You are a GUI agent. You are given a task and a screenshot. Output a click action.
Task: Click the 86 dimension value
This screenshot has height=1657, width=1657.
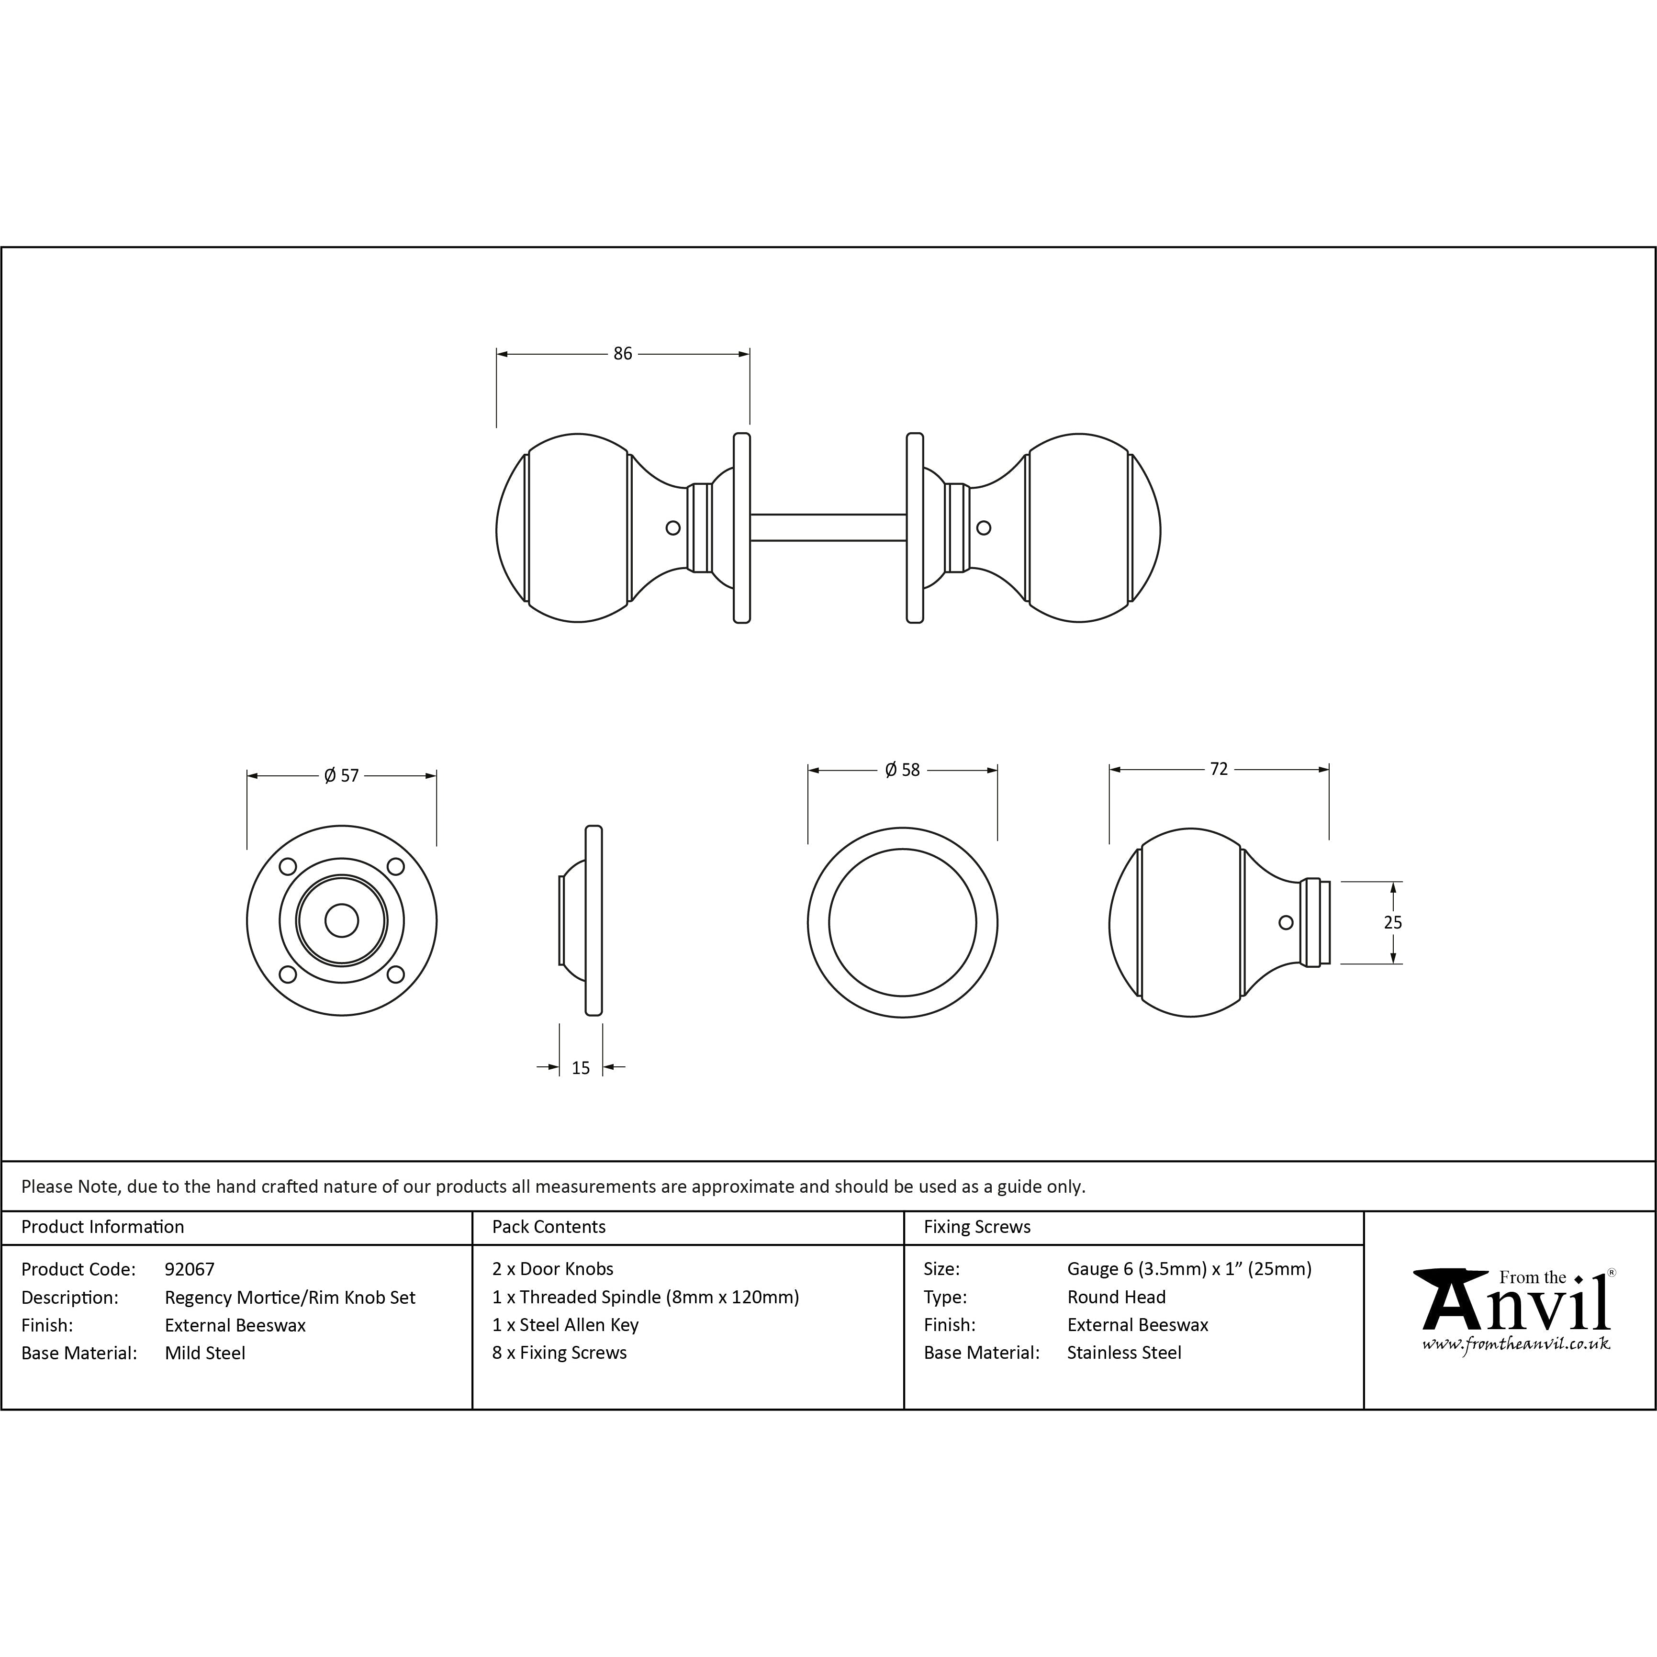point(623,353)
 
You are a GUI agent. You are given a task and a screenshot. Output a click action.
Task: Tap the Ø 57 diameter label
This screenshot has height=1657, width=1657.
point(341,775)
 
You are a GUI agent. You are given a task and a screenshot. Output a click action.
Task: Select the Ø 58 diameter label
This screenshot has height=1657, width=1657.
point(902,770)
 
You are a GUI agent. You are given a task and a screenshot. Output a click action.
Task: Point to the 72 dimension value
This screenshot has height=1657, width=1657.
point(1219,769)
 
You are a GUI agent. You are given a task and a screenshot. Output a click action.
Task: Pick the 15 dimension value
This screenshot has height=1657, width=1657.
point(581,1068)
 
